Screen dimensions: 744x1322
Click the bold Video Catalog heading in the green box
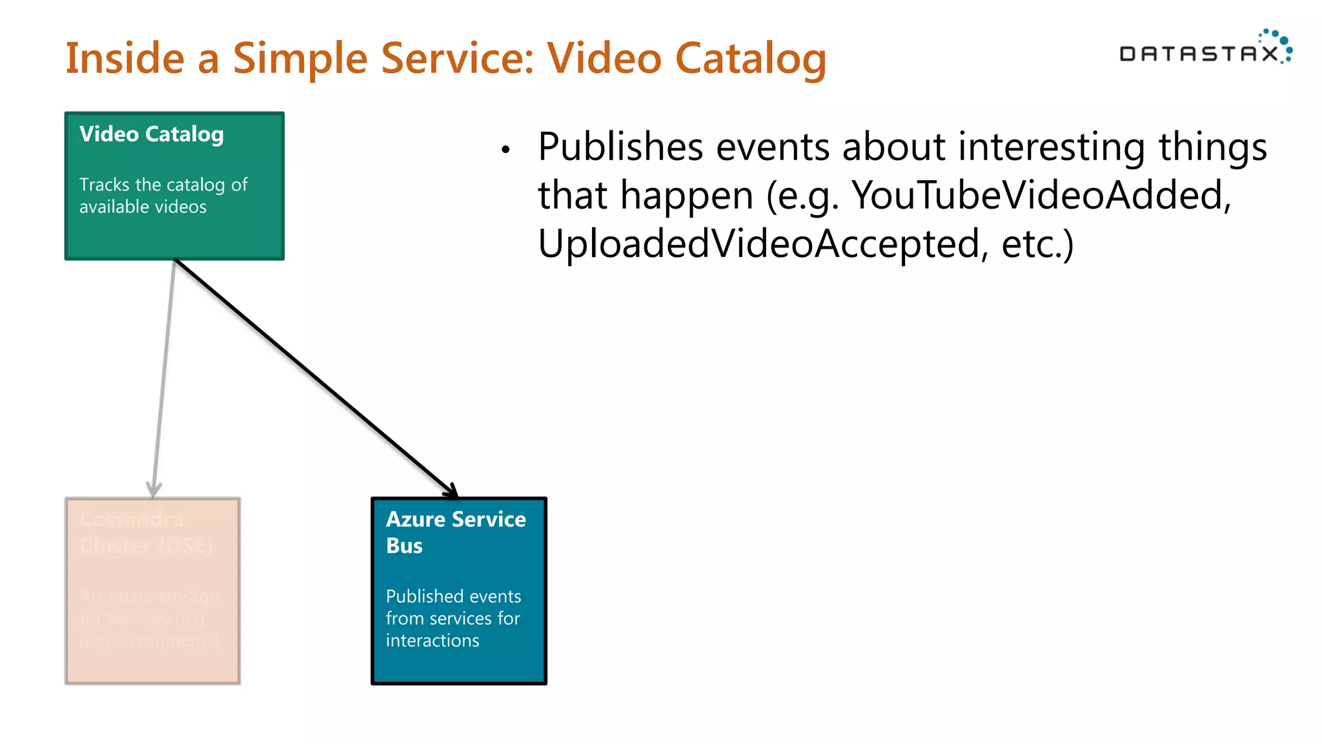[151, 134]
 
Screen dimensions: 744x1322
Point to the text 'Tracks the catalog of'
[163, 185]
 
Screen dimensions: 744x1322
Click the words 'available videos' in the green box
[143, 207]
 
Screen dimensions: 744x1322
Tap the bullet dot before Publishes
[505, 150]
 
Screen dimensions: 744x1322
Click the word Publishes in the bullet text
[620, 147]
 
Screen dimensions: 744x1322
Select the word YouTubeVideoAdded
[1041, 195]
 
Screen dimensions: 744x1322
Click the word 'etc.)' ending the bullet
[1037, 244]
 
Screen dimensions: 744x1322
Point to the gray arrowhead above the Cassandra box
[154, 489]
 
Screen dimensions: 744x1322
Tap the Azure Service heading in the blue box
[456, 519]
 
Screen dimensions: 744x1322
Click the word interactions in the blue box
[432, 641]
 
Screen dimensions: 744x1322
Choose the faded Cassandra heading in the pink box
[131, 519]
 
